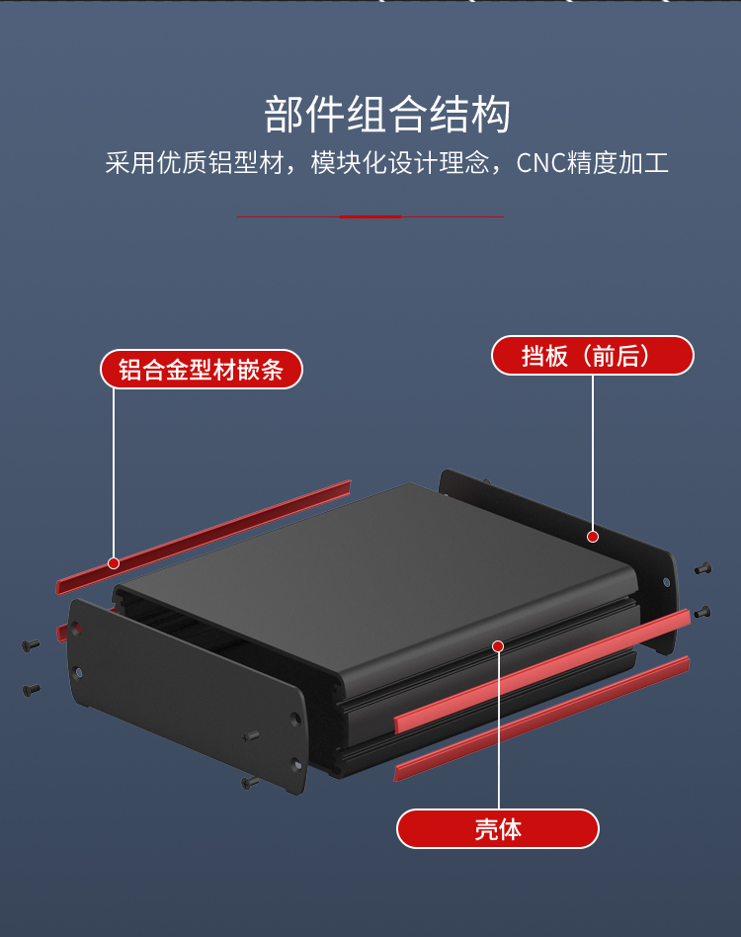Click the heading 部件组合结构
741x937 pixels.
(386, 116)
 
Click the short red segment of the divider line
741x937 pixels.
(370, 216)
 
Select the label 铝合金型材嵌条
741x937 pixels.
(201, 370)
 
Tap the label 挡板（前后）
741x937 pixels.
(592, 355)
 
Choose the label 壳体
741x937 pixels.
(498, 828)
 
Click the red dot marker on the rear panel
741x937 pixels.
(593, 537)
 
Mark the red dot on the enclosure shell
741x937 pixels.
(498, 645)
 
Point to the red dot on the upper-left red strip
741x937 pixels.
(114, 563)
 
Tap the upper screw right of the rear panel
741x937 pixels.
(702, 568)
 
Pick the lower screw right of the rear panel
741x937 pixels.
(702, 613)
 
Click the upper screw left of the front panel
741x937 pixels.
(30, 645)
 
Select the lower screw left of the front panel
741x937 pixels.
(31, 688)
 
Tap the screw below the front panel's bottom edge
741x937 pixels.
(248, 782)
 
